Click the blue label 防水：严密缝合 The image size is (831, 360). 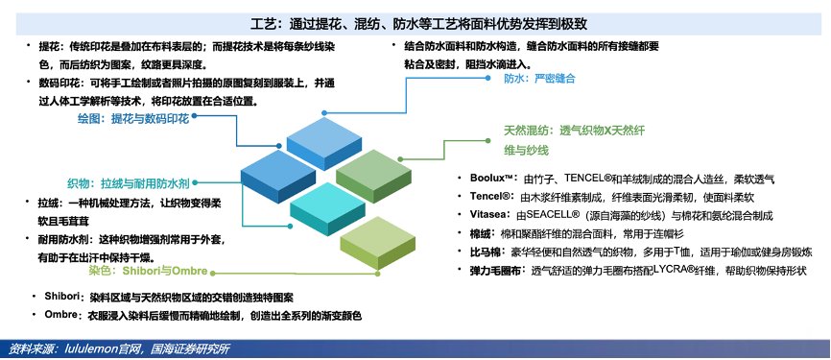click(x=539, y=79)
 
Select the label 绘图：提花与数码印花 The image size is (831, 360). click(x=133, y=119)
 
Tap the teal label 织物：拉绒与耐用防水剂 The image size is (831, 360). click(x=129, y=183)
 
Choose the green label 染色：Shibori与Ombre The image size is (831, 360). click(x=148, y=271)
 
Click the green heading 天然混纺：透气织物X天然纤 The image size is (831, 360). click(x=574, y=131)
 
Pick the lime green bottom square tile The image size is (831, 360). click(x=377, y=242)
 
